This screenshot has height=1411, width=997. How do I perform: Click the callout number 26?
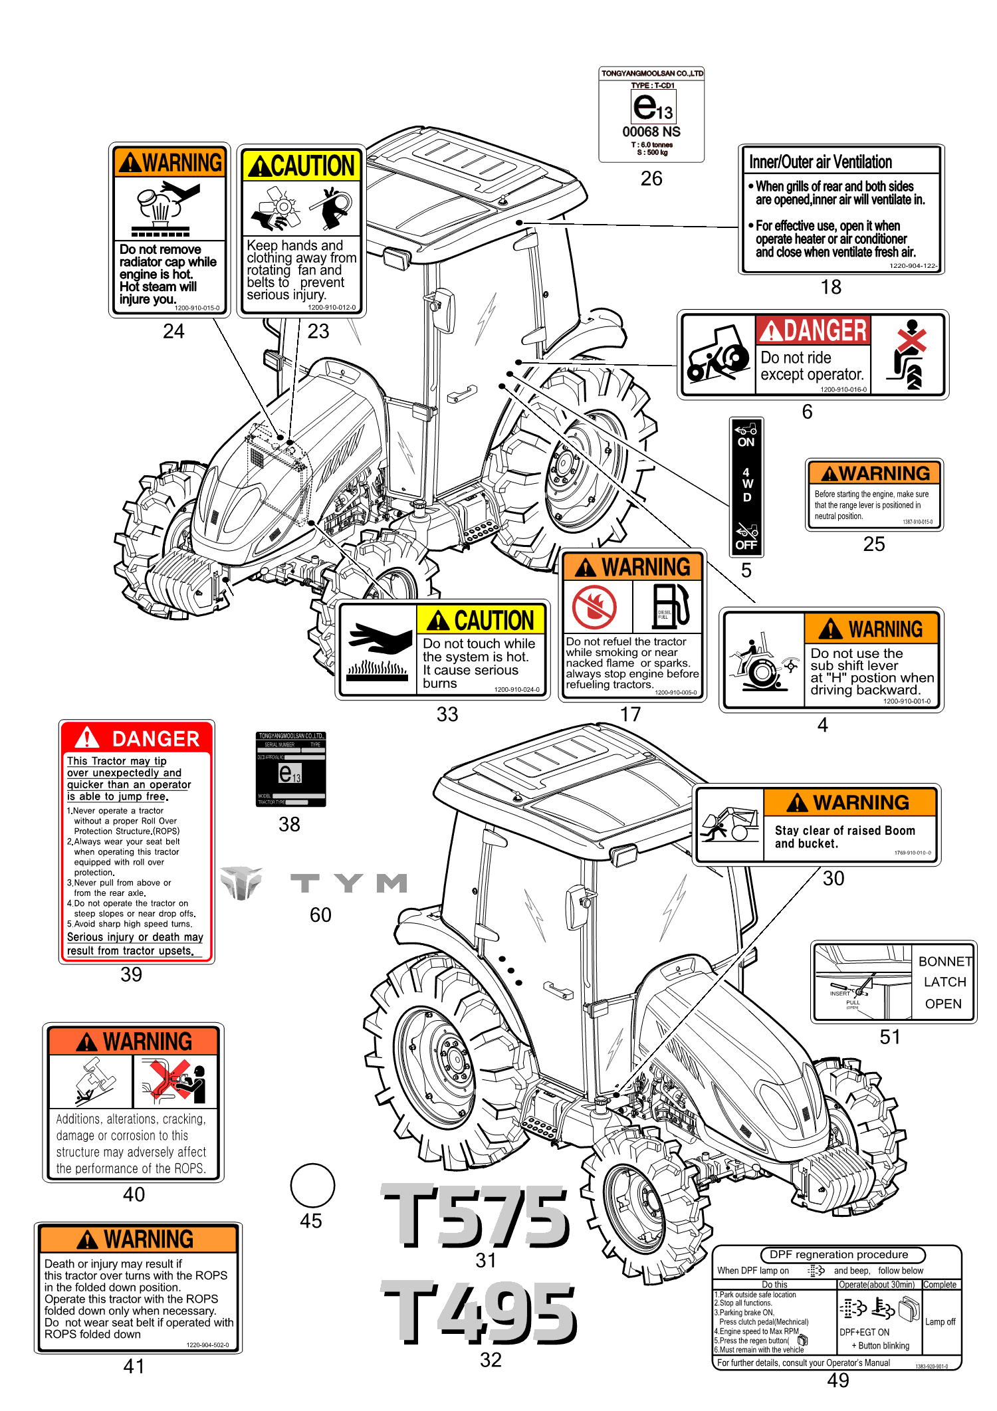(x=651, y=178)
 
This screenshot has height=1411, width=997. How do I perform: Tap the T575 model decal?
(x=476, y=1216)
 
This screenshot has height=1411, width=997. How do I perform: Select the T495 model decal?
(x=479, y=1313)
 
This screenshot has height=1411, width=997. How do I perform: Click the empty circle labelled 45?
(x=312, y=1185)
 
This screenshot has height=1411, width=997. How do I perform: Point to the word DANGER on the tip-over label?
(x=156, y=738)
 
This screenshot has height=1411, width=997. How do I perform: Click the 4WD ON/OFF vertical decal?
(x=746, y=487)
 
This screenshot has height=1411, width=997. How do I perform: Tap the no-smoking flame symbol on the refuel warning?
(x=595, y=607)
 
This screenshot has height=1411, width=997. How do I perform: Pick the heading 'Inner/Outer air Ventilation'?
(x=820, y=162)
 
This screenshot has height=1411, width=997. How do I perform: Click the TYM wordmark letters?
(x=349, y=883)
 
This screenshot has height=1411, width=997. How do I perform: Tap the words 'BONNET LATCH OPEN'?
(x=944, y=982)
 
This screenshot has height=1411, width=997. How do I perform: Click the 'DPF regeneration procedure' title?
(x=838, y=1254)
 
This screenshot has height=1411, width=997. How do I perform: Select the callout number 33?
(x=447, y=714)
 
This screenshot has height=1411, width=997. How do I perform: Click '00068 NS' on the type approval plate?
(x=651, y=132)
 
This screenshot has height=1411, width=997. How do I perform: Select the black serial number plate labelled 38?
(x=290, y=769)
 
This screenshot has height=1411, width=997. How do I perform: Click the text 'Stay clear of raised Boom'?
(x=845, y=830)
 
